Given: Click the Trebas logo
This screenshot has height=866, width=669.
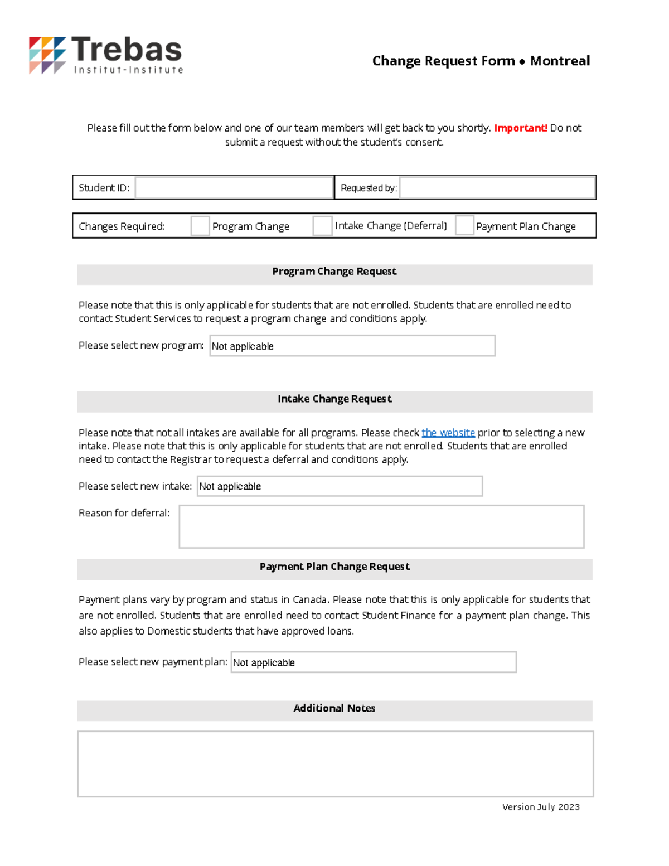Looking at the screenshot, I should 106,55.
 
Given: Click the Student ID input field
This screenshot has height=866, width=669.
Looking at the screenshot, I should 234,188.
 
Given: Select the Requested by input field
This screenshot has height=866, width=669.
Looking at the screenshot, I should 497,188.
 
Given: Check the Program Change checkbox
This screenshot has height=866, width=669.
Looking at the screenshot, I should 200,226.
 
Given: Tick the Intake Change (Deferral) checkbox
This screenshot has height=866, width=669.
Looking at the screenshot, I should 322,226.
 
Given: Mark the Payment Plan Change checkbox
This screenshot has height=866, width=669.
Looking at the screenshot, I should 464,226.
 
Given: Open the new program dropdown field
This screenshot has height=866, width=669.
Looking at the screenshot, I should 352,346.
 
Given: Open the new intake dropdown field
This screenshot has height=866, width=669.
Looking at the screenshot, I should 340,486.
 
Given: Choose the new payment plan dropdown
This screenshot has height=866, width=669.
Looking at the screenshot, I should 374,662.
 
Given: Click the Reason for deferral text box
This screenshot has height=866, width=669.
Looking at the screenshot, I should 381,527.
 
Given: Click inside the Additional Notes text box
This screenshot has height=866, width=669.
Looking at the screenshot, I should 335,764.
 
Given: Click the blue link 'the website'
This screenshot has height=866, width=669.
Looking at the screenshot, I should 448,433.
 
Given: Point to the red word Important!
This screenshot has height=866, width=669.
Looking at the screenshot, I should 520,128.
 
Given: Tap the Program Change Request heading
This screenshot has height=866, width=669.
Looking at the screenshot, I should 334,272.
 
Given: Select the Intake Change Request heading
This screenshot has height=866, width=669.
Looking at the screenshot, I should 334,399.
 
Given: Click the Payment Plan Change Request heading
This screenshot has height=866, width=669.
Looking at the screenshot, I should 334,567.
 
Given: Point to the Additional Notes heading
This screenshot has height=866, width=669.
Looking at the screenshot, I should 334,708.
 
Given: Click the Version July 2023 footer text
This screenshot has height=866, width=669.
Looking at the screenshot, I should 541,807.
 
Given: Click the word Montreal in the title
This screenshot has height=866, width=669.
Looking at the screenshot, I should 560,61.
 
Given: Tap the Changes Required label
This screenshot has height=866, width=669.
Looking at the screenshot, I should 122,226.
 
